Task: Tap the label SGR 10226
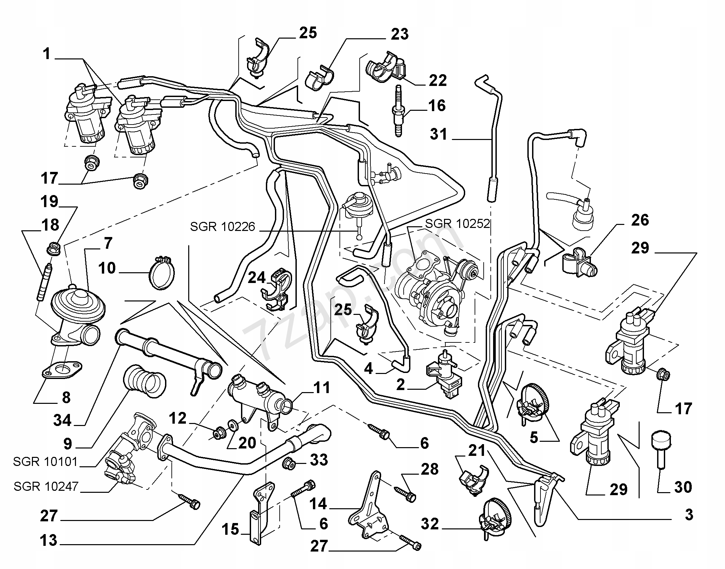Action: [223, 227]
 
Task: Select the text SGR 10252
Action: [457, 224]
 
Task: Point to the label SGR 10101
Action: [45, 462]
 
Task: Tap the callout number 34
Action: [62, 420]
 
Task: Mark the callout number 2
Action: [400, 385]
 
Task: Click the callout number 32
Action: [430, 524]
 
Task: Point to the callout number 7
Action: [108, 243]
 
